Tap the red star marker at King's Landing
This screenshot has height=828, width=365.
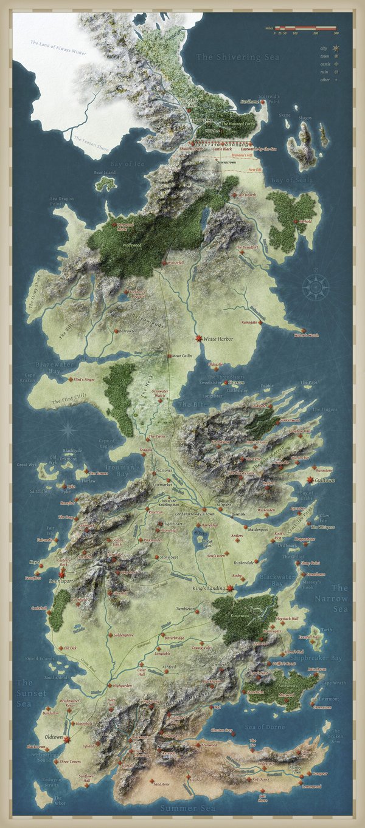(x=230, y=588)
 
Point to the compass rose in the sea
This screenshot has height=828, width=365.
(x=315, y=286)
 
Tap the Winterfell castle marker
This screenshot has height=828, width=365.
(x=162, y=263)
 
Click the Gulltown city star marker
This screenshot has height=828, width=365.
(x=310, y=480)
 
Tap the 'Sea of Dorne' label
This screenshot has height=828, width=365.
(x=265, y=727)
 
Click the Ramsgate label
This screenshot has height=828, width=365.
(x=251, y=322)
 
